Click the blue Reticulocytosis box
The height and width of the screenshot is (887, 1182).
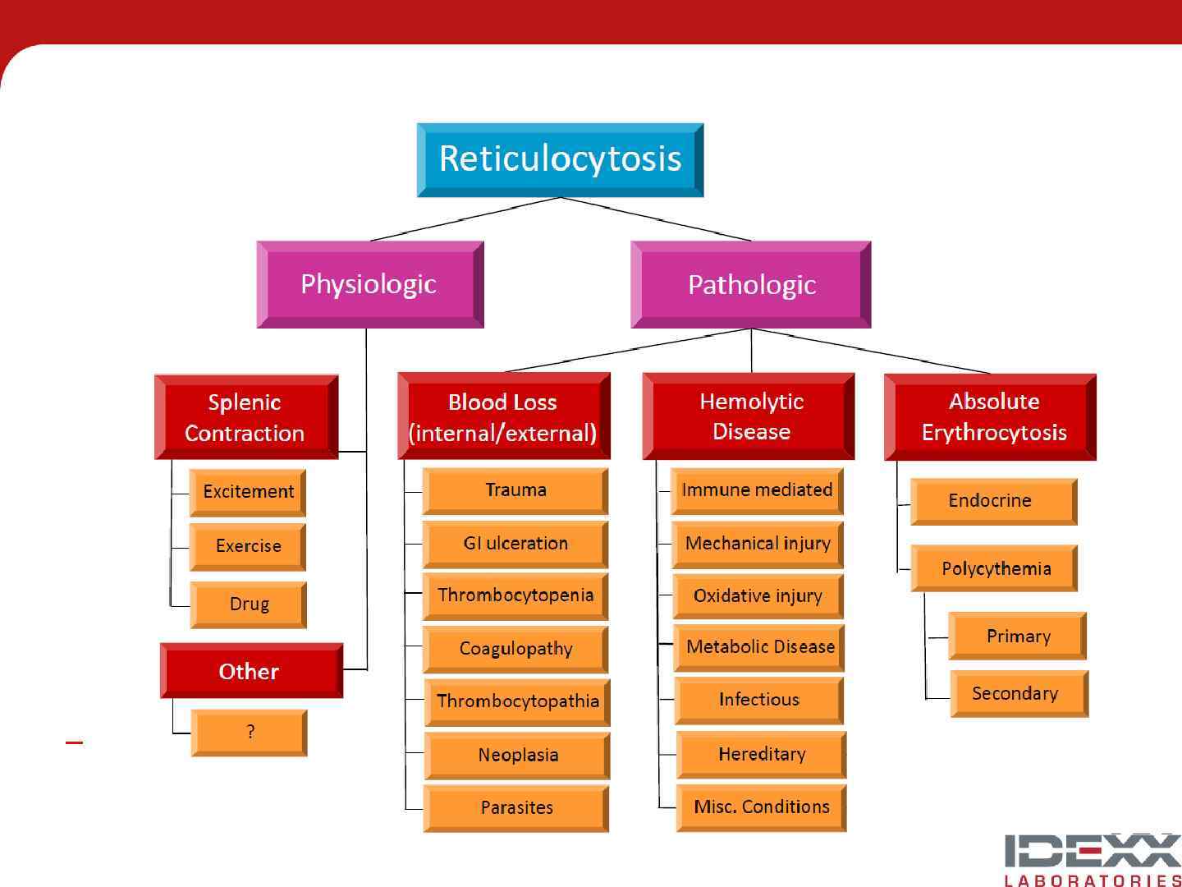[560, 159]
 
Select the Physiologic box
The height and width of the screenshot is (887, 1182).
[369, 284]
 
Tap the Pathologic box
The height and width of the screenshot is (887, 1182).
[751, 284]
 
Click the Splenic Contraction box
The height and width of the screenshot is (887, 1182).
[245, 417]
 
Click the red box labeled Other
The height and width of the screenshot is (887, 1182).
[250, 671]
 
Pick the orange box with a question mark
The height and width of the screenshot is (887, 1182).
[250, 732]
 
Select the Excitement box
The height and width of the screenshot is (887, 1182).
[248, 492]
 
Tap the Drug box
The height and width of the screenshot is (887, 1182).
[249, 604]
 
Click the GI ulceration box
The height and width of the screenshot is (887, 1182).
[515, 544]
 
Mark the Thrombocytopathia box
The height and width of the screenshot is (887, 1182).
[517, 701]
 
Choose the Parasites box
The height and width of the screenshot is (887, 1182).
[516, 808]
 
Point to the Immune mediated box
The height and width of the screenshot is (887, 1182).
[757, 491]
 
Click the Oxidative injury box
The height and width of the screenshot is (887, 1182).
[758, 596]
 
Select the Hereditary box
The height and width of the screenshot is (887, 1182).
[761, 755]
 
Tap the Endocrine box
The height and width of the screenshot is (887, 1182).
[993, 501]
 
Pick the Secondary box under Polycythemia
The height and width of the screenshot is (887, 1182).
[1019, 694]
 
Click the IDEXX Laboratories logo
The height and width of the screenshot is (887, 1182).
[1093, 859]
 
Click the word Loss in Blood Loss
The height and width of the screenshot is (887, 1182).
[530, 402]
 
